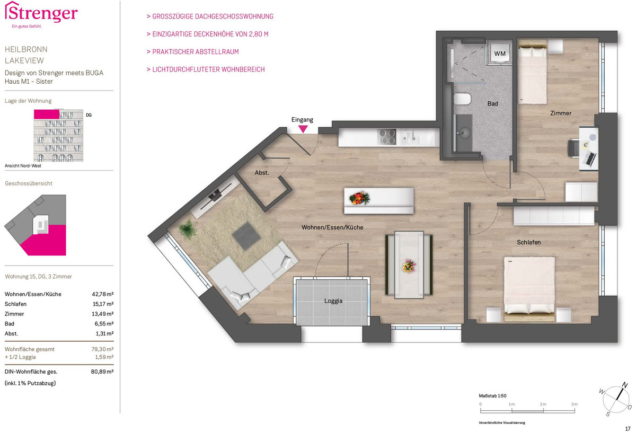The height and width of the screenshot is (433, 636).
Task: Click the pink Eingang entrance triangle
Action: point(303,129)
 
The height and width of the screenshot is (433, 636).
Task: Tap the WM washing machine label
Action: point(500,54)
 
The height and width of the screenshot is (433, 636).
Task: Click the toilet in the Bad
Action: point(462,99)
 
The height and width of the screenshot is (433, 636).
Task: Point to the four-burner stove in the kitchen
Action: point(387,137)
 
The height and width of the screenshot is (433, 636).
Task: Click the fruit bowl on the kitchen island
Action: point(359,198)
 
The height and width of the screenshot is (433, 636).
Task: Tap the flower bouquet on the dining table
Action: point(409,266)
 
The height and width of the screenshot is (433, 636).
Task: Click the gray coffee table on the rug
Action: point(246,236)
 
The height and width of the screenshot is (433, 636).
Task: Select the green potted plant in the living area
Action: point(188,228)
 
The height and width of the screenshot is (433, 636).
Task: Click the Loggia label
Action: point(333,301)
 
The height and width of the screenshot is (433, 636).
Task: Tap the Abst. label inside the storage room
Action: point(261,173)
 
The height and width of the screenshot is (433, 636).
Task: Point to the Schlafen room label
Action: point(529,242)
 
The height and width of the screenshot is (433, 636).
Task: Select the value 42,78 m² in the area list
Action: point(102,294)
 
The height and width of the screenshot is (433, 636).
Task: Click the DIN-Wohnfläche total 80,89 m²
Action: point(102,372)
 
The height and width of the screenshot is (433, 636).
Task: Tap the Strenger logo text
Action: point(41,13)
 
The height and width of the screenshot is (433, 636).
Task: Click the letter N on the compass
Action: point(625,385)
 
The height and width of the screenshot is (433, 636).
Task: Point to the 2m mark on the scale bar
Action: point(543,404)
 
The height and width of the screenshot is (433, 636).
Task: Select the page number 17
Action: point(628,429)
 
